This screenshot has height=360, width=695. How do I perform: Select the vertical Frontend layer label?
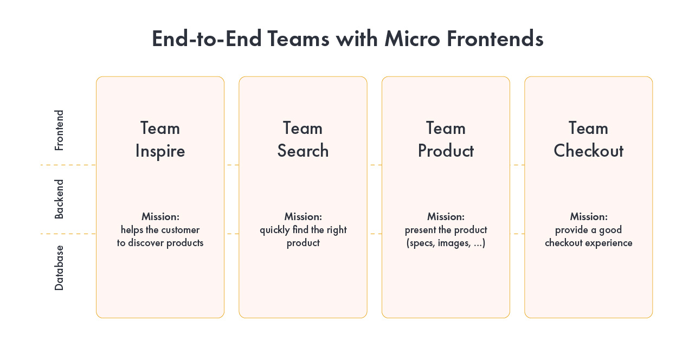pyautogui.click(x=59, y=130)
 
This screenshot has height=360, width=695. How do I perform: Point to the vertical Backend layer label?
pyautogui.click(x=59, y=199)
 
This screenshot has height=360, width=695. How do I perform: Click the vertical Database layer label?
pyautogui.click(x=59, y=268)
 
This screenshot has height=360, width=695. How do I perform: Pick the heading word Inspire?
pyautogui.click(x=160, y=151)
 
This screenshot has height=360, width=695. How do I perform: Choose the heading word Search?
pyautogui.click(x=303, y=151)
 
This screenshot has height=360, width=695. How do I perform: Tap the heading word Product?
pyautogui.click(x=446, y=151)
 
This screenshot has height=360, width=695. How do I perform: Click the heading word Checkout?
pyautogui.click(x=588, y=151)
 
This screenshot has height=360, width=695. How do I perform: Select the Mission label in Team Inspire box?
pyautogui.click(x=160, y=217)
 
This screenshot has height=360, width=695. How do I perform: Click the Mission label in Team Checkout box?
pyautogui.click(x=588, y=217)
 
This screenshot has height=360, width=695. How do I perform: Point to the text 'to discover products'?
pyautogui.click(x=160, y=243)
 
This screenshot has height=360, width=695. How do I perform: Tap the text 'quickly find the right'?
pyautogui.click(x=303, y=230)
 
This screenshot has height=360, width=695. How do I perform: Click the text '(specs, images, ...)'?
pyautogui.click(x=446, y=243)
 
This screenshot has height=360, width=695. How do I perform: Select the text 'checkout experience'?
pyautogui.click(x=588, y=243)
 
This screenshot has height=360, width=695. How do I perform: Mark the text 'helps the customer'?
pyautogui.click(x=160, y=230)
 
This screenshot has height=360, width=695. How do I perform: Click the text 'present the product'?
pyautogui.click(x=446, y=230)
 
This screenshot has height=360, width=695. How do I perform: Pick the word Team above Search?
pyautogui.click(x=303, y=128)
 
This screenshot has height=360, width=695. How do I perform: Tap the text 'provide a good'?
pyautogui.click(x=588, y=230)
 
